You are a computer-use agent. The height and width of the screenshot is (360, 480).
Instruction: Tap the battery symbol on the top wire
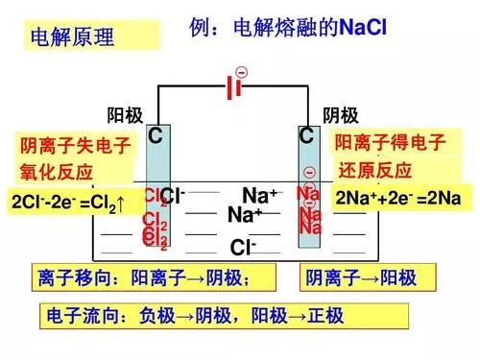tap(231, 88)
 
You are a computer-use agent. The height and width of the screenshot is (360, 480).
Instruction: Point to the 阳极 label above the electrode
tap(125, 116)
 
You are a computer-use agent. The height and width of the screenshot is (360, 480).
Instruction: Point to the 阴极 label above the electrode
tap(341, 116)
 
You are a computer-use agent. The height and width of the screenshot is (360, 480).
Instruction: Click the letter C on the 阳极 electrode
tap(155, 137)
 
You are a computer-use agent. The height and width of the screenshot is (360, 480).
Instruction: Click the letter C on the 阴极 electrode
tap(306, 137)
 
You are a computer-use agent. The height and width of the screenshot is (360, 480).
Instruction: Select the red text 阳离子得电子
tap(390, 144)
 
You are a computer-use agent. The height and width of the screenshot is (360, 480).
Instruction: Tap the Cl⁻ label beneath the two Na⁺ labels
tap(243, 248)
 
